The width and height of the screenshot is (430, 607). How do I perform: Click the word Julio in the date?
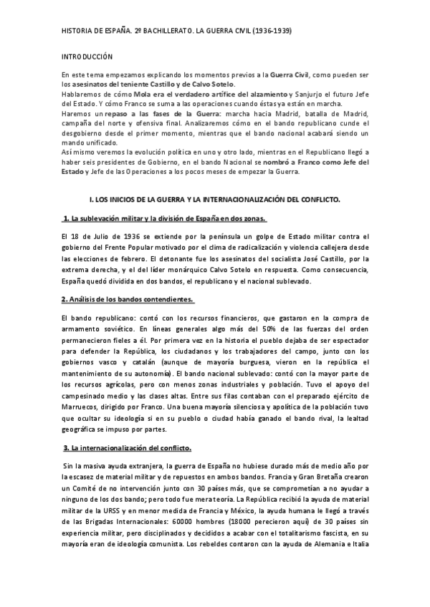point(109,236)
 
